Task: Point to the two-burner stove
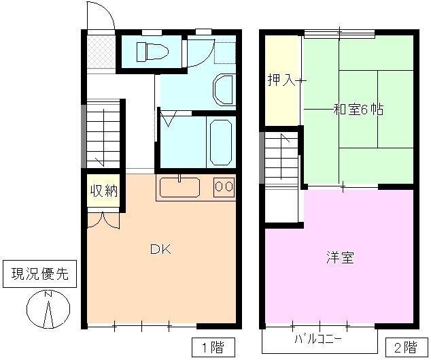[224, 186]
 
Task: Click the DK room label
[160, 249]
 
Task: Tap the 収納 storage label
[103, 191]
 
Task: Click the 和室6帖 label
[358, 109]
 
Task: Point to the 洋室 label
[339, 258]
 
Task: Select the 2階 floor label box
[402, 346]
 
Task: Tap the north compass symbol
[48, 310]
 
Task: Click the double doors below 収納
[103, 219]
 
